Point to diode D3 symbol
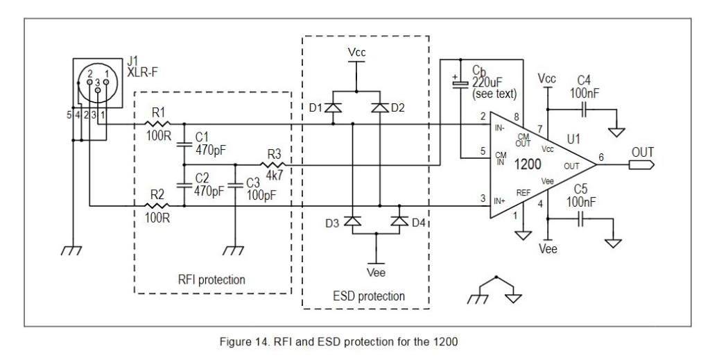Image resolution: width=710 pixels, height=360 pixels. pos(354,221)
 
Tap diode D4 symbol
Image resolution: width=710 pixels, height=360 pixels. pos(399,221)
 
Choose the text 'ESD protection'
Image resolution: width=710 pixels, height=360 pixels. pos(365,295)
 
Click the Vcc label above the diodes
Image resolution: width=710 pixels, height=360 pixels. pos(356,53)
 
